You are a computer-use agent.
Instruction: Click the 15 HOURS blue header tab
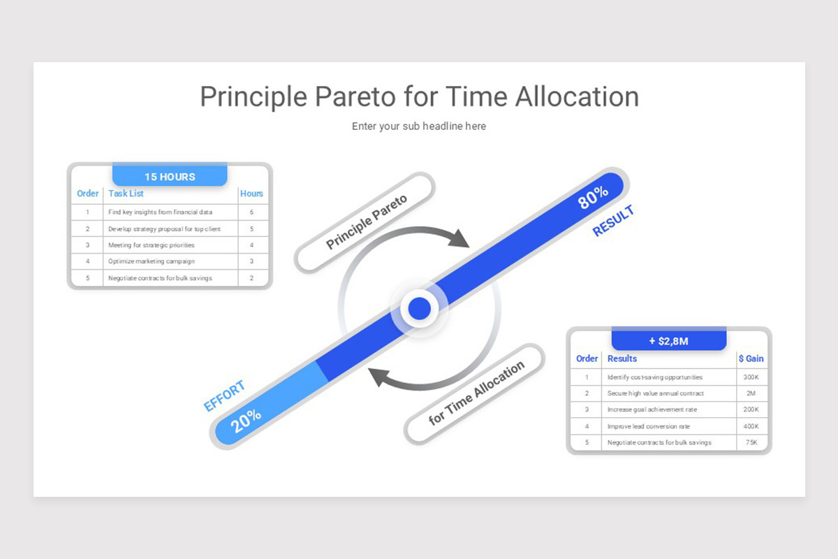point(170,176)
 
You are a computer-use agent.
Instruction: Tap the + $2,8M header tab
point(668,341)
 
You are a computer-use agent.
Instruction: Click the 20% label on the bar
point(246,420)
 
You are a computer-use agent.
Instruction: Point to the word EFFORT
point(224,395)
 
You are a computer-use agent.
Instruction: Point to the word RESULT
point(613,221)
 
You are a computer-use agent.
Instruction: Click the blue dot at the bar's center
point(419,308)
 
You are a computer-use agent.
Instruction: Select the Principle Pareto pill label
point(366,222)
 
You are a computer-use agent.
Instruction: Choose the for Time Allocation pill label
point(476,393)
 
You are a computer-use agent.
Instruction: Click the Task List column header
point(126,194)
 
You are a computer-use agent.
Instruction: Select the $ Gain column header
point(751,358)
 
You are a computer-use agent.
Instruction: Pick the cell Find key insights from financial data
point(160,212)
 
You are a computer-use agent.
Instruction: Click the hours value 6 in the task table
point(251,212)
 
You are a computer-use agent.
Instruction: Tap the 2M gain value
point(751,393)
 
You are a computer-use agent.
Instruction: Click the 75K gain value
point(751,442)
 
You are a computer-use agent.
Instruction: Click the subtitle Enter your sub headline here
point(419,126)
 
